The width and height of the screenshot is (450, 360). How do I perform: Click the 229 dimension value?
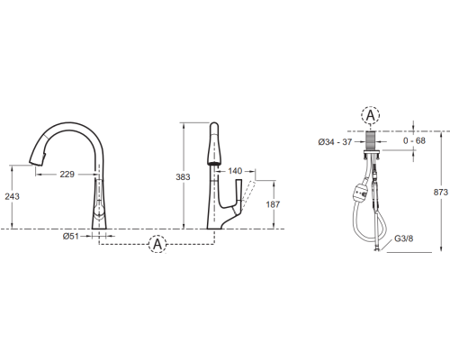(x=67, y=174)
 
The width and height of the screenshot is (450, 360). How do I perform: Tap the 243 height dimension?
(x=13, y=196)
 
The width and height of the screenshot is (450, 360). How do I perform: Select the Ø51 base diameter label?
(x=71, y=236)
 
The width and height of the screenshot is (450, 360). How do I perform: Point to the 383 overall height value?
(x=183, y=177)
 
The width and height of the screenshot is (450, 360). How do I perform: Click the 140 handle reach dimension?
(x=235, y=171)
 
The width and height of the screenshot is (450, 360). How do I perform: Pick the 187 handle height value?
(x=273, y=204)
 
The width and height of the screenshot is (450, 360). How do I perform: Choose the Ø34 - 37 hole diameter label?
(x=335, y=141)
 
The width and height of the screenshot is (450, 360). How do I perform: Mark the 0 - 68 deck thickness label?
(x=414, y=140)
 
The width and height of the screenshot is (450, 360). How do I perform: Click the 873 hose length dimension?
(x=440, y=192)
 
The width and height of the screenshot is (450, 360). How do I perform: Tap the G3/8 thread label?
(x=403, y=238)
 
